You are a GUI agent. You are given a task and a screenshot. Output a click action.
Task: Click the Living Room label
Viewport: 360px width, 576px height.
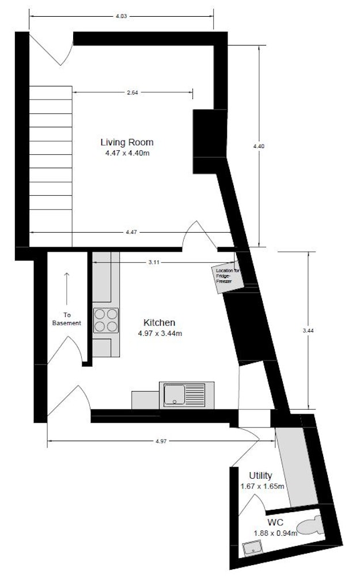(127, 142)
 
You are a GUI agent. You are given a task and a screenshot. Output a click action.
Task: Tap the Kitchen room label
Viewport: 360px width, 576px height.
(159, 323)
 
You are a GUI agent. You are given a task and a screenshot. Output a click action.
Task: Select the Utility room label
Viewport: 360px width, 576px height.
(260, 476)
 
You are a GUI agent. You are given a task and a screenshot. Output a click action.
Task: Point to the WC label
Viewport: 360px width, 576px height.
(275, 522)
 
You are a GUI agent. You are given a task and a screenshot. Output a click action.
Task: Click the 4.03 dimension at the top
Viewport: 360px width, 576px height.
(121, 16)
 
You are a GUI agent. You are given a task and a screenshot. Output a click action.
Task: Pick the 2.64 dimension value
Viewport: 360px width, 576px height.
(132, 93)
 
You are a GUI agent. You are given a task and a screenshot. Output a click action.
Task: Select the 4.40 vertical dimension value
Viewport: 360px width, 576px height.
(259, 146)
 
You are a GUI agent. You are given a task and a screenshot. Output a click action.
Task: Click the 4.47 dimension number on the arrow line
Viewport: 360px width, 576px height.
(131, 232)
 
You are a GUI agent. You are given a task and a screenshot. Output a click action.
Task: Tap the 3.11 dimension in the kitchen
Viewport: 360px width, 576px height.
(154, 262)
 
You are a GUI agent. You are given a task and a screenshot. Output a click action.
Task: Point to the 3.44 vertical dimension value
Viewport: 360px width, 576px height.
(308, 330)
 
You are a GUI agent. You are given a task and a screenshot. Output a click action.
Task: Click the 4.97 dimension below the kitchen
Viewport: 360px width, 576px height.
(161, 441)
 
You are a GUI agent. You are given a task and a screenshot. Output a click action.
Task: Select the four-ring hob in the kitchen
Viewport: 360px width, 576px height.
(106, 320)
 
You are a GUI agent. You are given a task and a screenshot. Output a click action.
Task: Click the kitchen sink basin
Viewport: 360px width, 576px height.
(175, 394)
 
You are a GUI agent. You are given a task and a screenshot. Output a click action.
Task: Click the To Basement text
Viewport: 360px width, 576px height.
(66, 319)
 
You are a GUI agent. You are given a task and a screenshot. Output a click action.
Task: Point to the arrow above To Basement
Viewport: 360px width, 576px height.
(66, 289)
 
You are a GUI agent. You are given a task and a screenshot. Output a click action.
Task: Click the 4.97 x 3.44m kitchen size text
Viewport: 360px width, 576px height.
(160, 334)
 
